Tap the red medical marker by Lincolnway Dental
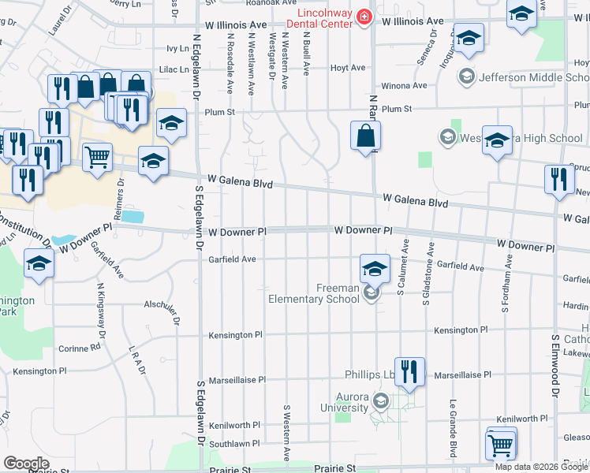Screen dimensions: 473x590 point(364,17)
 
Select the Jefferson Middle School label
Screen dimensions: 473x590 point(534,76)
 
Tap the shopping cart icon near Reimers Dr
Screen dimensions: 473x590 point(97,156)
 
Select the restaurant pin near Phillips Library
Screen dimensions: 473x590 point(409,371)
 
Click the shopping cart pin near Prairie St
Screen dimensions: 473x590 point(501,446)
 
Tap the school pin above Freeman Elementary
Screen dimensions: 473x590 point(375,268)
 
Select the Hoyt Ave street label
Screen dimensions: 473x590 point(348,68)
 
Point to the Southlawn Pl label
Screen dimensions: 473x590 point(234,445)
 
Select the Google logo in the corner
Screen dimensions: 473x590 point(26,463)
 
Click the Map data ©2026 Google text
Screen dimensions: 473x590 point(542,467)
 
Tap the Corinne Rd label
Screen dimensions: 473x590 point(79,347)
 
